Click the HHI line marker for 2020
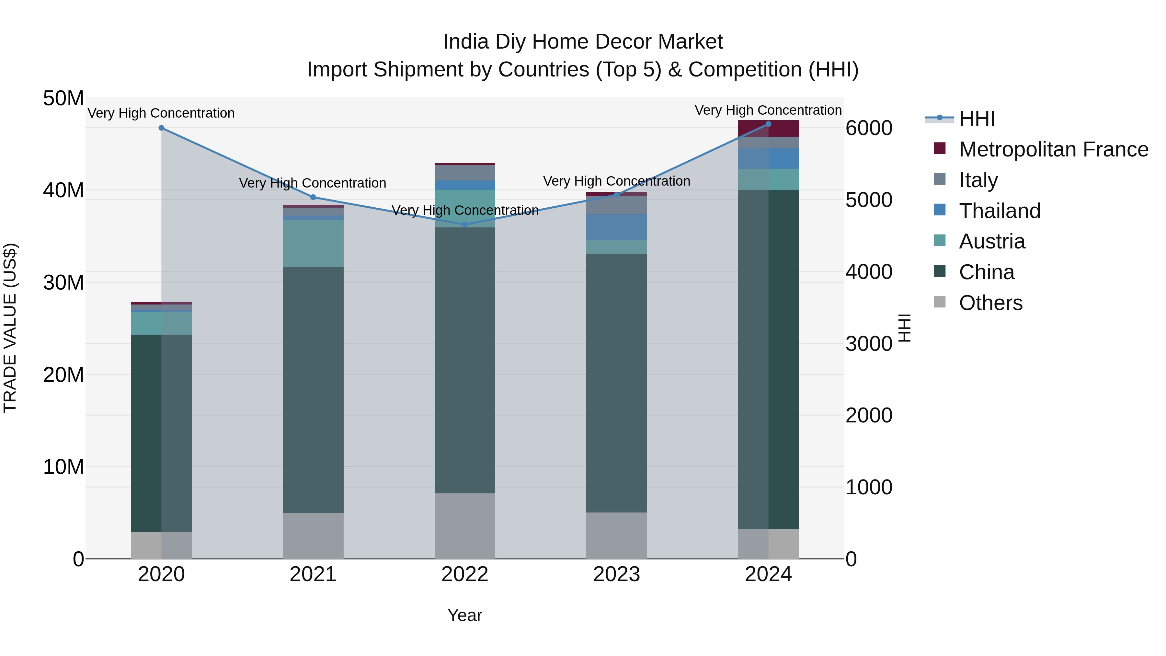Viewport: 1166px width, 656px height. pos(161,128)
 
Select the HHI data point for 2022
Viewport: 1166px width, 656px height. pos(464,224)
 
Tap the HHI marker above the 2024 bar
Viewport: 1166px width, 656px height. pos(768,124)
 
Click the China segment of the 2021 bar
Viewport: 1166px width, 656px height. pos(313,389)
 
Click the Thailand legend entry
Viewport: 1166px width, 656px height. pos(1000,211)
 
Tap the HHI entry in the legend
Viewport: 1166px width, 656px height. pos(977,119)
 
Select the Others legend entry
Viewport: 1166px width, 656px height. pos(990,303)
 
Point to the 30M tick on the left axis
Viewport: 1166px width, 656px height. pos(63,282)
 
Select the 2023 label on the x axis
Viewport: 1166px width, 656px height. pos(616,574)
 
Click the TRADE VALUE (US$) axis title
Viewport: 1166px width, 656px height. pos(10,328)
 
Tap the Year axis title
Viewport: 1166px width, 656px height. pos(464,615)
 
